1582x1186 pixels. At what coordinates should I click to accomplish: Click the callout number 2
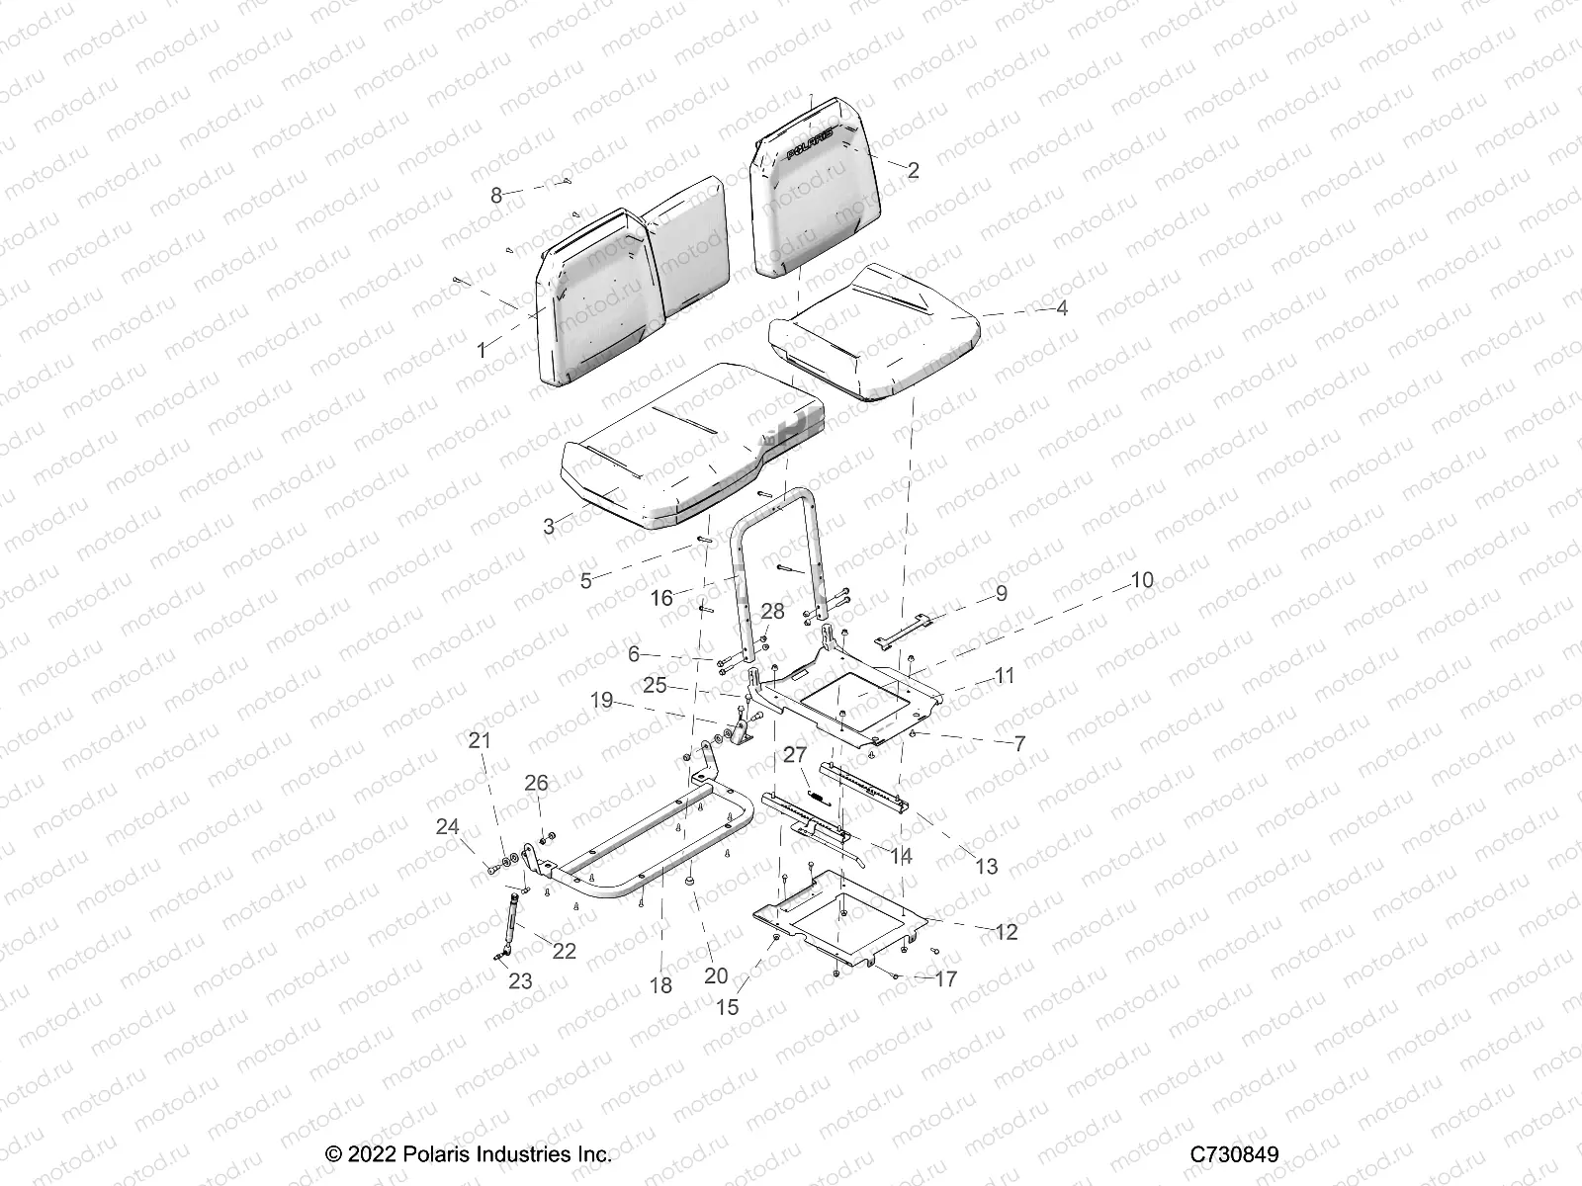tap(913, 170)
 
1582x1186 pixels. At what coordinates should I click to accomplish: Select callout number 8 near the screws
tap(496, 195)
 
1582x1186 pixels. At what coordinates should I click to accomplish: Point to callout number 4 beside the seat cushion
tap(1062, 308)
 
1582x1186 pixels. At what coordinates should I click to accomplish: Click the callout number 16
tap(660, 597)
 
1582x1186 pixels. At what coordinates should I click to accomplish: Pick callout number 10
tap(1141, 580)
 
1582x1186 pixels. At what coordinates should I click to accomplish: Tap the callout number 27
tap(795, 755)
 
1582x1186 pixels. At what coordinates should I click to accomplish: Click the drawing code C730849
tap(1234, 1154)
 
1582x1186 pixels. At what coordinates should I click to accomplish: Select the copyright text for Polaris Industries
tap(469, 1154)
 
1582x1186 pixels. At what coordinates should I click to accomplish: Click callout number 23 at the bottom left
tap(520, 980)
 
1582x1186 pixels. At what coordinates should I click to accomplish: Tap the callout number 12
tap(1007, 932)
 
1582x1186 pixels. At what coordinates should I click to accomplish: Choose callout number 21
tap(480, 740)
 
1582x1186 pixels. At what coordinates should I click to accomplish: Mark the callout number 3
tap(549, 526)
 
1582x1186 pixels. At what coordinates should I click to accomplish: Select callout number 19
tap(602, 701)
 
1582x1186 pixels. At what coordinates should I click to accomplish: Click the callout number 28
tap(772, 611)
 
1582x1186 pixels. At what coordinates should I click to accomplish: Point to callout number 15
tap(727, 1007)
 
